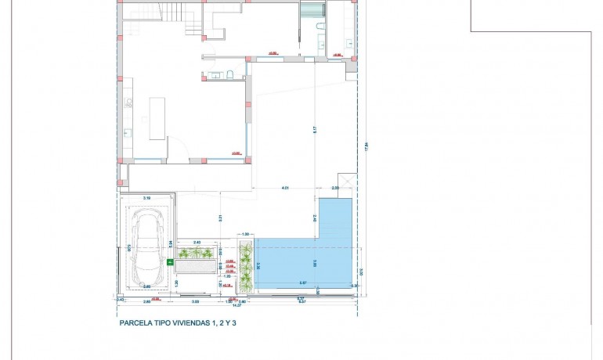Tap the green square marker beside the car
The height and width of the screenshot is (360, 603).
coord(171,262)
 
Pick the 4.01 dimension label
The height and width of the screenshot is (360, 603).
coord(286,189)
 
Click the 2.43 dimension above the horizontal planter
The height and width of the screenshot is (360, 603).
coord(197,243)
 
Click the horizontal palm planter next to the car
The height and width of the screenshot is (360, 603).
coord(194,254)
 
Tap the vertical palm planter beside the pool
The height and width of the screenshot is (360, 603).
coord(246,266)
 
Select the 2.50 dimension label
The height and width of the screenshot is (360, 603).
coord(336,189)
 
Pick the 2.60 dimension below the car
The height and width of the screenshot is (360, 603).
coord(146,301)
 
